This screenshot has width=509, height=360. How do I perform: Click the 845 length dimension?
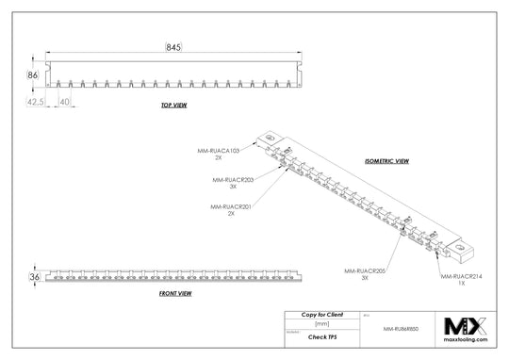click(x=172, y=46)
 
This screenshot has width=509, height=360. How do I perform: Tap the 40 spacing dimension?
click(x=65, y=100)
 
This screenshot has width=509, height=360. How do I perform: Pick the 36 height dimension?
click(x=34, y=278)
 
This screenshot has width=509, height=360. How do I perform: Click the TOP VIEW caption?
click(x=173, y=106)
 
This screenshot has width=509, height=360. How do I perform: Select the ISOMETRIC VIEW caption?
click(x=386, y=161)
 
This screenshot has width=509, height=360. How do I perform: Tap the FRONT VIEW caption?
click(x=176, y=294)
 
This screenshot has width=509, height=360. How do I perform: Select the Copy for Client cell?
click(x=321, y=313)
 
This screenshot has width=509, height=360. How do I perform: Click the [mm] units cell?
click(x=321, y=323)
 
